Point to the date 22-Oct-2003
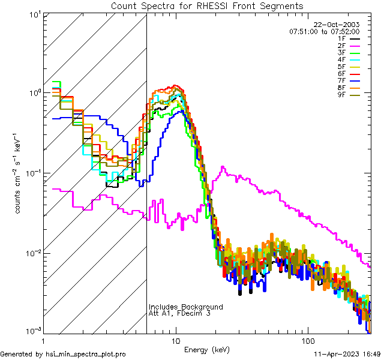click(337, 25)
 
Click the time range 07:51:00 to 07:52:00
click(324, 31)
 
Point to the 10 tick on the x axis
click(175, 340)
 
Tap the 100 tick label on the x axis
click(307, 340)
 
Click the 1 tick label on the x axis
click(43, 340)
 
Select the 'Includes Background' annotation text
click(186, 307)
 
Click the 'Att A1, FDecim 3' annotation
click(179, 314)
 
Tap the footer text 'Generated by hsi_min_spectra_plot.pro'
click(64, 355)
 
